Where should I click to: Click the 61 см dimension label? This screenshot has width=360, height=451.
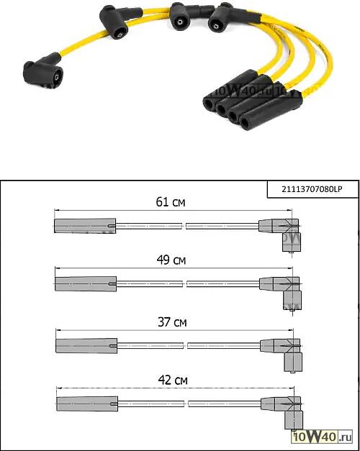coord(171,202)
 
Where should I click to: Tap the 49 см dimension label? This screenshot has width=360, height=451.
coord(171,260)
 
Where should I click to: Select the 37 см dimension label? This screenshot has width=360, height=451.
coord(172,322)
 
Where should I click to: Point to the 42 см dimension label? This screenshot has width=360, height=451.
coord(173,381)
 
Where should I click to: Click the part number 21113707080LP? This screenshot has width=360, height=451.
coord(312,189)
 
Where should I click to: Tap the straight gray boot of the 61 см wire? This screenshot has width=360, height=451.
coord(85,226)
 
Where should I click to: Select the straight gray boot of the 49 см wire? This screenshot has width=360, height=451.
coord(86,284)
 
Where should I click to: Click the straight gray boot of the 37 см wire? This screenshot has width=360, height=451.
coord(86,346)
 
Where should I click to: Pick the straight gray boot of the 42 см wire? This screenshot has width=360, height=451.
coord(87,404)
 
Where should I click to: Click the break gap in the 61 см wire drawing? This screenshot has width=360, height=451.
coord(184,226)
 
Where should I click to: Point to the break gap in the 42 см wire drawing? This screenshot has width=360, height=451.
coord(186,404)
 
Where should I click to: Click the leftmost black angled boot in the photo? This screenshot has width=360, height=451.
coord(42,70)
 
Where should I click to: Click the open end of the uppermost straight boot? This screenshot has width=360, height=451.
coord(209,104)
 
